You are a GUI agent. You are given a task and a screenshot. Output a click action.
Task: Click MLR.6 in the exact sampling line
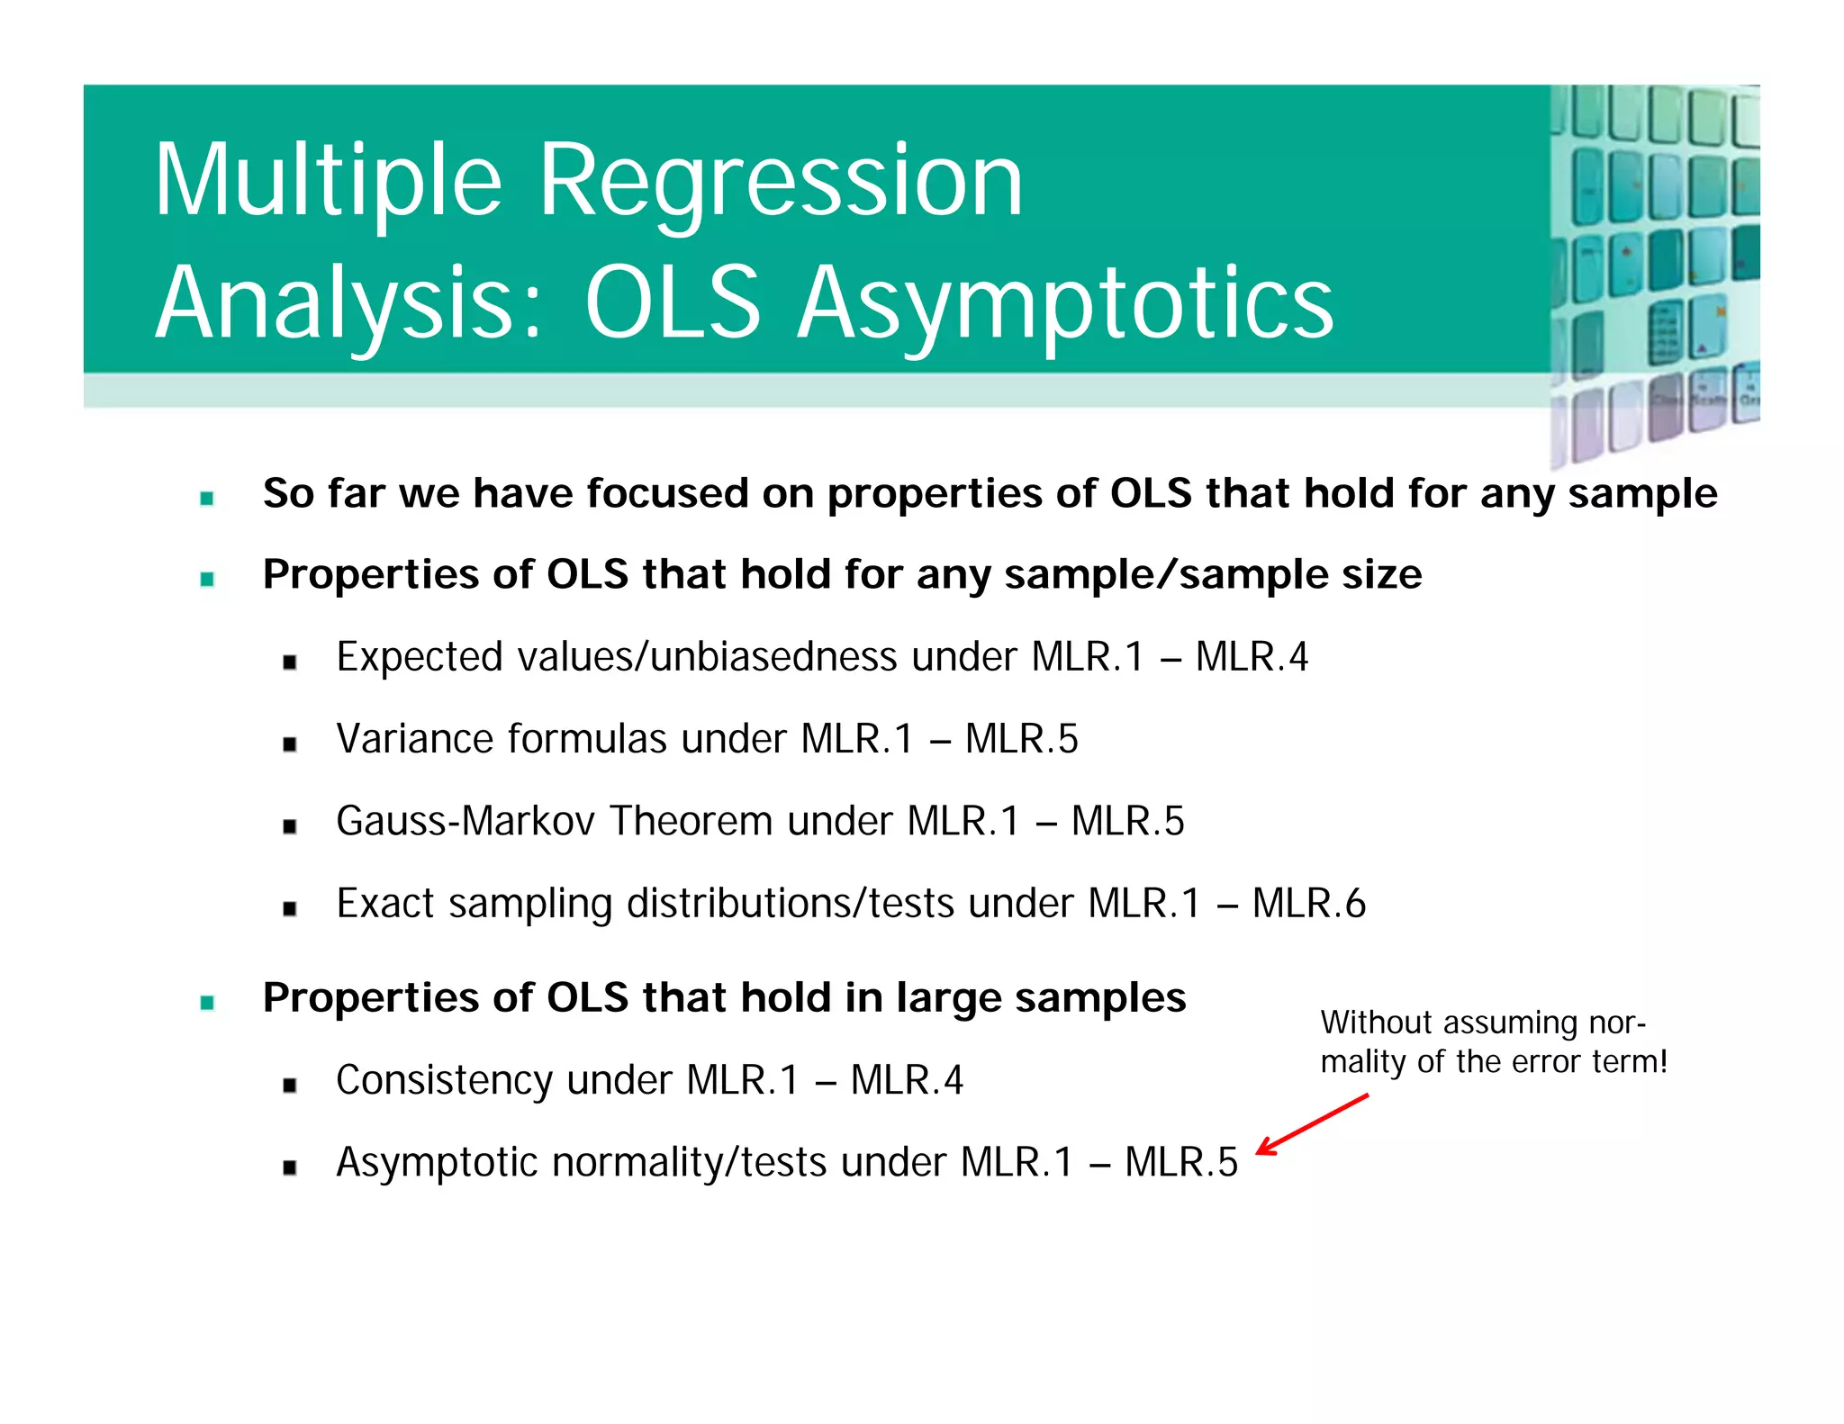coord(1309,903)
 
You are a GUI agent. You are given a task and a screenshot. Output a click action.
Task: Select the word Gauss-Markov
coord(466,821)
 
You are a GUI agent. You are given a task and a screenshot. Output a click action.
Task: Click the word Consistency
coord(444,1080)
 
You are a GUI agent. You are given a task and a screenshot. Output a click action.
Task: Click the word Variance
coord(414,739)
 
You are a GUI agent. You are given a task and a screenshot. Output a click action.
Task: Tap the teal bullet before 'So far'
coord(207,498)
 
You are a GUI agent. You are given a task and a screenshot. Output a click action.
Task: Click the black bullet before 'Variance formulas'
coord(289,744)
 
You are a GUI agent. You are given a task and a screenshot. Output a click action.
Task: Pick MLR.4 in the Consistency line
coord(907,1080)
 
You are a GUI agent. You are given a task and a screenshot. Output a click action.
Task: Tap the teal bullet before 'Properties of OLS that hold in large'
coord(207,1003)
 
